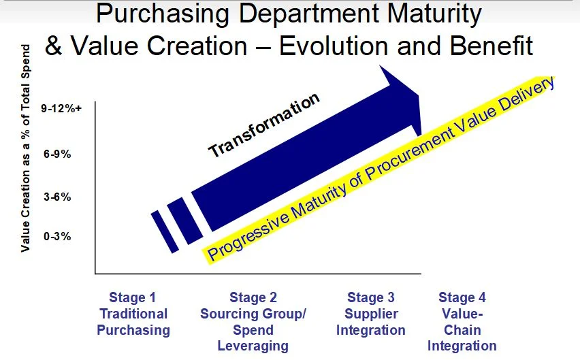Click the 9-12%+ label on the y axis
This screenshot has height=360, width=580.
pos(62,108)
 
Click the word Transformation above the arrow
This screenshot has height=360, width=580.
pos(263,125)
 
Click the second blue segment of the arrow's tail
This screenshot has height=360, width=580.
pos(184,220)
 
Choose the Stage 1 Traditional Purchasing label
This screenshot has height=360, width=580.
pos(133,314)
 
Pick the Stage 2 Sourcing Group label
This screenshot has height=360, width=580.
pos(253,321)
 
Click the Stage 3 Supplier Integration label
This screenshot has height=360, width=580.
pos(370,314)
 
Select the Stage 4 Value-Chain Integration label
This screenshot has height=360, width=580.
pos(462,321)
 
